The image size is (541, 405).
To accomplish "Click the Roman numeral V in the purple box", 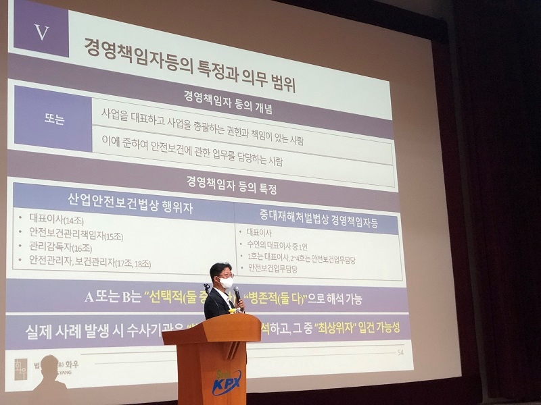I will pyautogui.click(x=42, y=32).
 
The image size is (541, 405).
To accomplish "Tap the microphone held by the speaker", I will pyautogui.click(x=237, y=295).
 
